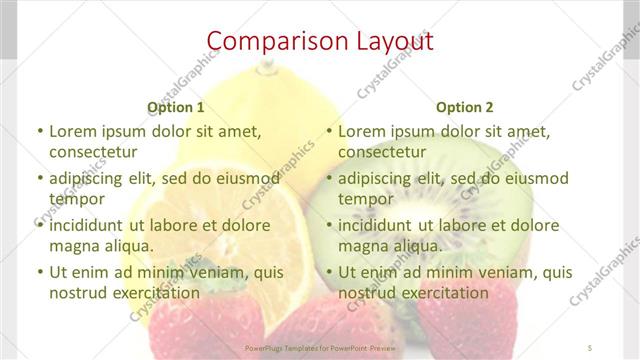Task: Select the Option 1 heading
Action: [176, 107]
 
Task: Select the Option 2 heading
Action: [464, 107]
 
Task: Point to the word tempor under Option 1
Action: [76, 199]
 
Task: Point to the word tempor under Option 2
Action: [365, 199]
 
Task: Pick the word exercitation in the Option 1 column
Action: [151, 293]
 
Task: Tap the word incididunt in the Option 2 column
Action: [376, 225]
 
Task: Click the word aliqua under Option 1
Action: [128, 246]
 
